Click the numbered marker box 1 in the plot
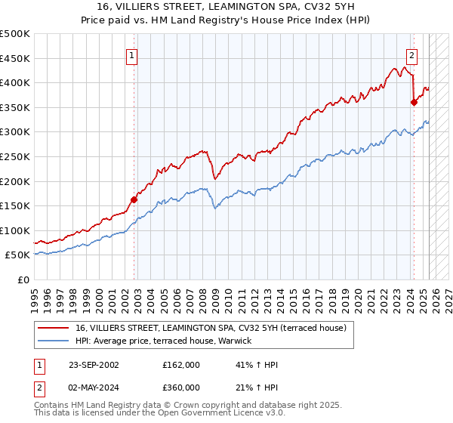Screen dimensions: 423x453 [131, 54]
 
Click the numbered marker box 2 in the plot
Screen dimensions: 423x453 [412, 54]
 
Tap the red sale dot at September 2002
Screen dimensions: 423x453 [134, 199]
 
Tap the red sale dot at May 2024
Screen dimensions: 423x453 [414, 103]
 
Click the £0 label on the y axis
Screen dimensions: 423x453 [23, 279]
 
